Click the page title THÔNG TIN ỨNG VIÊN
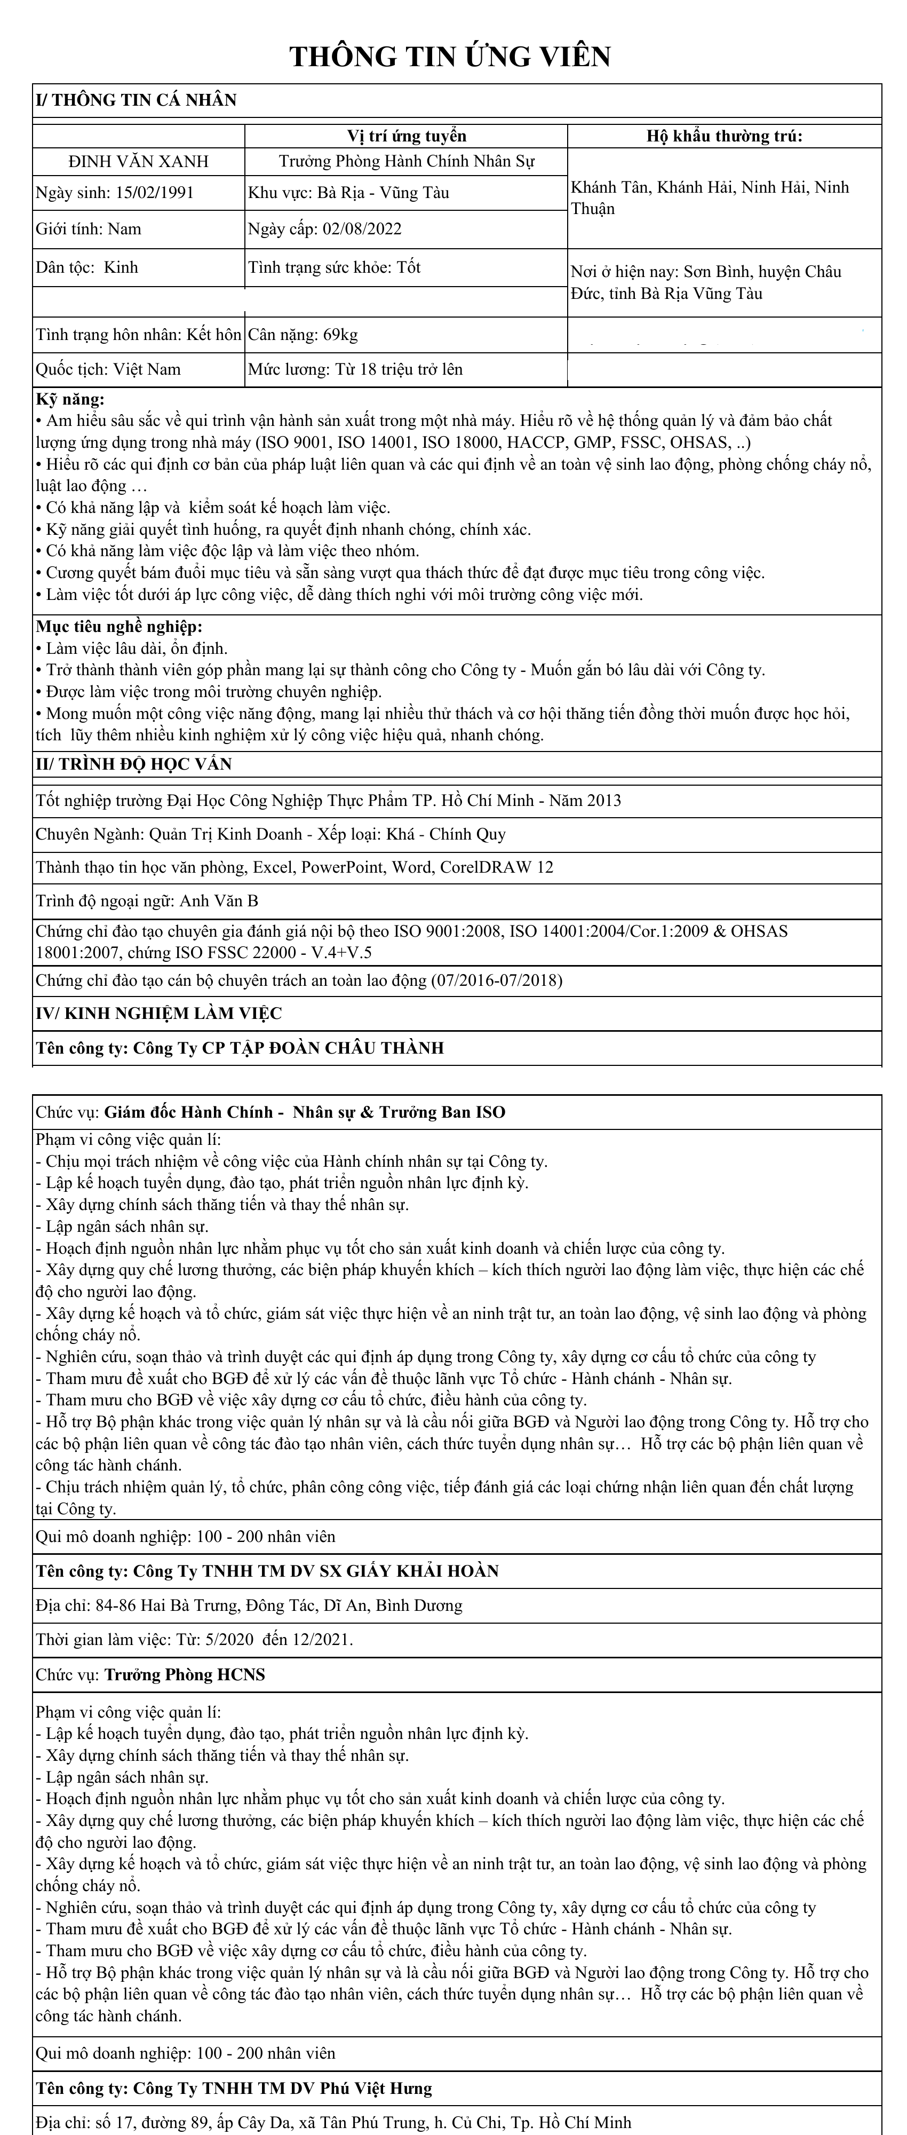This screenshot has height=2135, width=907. [x=450, y=57]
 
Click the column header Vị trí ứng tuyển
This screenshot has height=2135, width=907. [x=406, y=136]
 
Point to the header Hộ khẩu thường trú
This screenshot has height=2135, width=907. [x=724, y=136]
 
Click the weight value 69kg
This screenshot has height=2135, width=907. [x=340, y=335]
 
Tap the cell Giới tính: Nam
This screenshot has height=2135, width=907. [x=89, y=230]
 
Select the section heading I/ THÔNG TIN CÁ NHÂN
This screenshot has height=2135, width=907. [x=136, y=100]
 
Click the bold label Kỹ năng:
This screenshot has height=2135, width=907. [x=70, y=399]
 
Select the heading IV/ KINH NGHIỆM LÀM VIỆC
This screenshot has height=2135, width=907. [x=159, y=1014]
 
